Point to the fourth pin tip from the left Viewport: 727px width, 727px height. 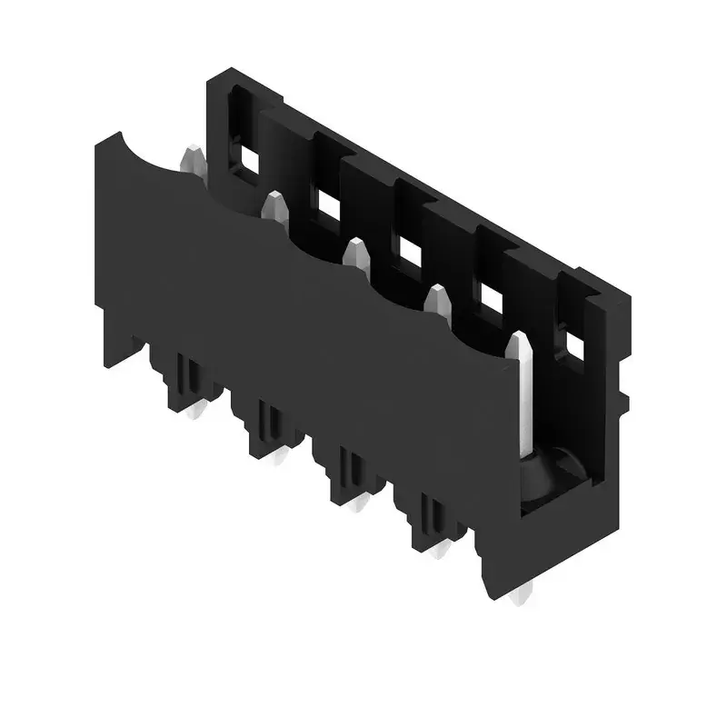tap(438, 298)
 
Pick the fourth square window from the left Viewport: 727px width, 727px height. tap(491, 298)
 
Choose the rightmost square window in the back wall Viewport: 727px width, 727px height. tap(574, 344)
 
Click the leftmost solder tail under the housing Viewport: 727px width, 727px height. tap(194, 413)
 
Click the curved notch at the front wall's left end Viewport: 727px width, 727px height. tap(145, 154)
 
